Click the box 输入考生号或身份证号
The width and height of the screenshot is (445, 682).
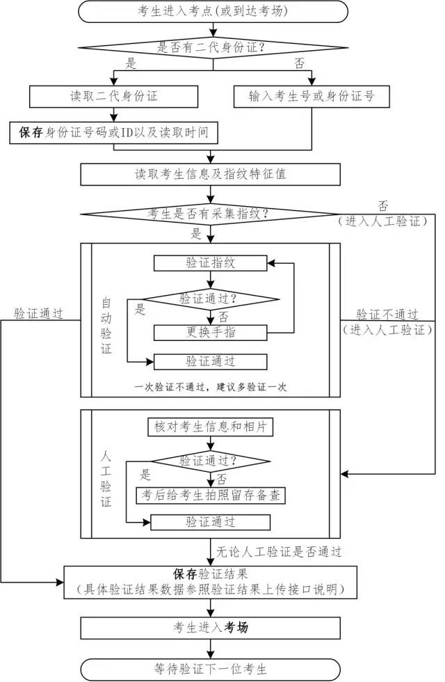311,96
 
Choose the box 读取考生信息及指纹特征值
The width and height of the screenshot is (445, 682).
211,174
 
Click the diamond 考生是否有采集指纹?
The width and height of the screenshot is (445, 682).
211,214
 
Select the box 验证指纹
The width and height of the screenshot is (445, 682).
210,262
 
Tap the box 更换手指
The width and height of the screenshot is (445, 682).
210,332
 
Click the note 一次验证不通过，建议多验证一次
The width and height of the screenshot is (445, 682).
210,387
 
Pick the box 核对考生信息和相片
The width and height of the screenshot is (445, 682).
210,426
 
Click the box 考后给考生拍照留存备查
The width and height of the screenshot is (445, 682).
210,495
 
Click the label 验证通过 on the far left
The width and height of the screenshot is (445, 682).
39,314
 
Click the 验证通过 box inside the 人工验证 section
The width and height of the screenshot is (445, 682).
210,521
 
